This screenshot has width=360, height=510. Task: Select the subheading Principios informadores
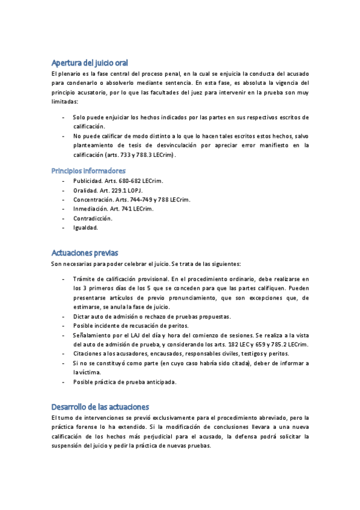(88, 171)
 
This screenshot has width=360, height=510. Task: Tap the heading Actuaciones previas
(85, 253)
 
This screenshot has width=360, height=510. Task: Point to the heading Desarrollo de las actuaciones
(100, 407)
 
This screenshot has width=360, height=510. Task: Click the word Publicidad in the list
(87, 180)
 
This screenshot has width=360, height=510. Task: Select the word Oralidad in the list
(85, 190)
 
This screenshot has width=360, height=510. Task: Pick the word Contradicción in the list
(93, 218)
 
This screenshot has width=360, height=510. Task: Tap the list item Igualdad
(85, 228)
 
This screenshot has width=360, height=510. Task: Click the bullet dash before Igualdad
(64, 228)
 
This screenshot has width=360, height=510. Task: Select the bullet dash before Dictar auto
(64, 316)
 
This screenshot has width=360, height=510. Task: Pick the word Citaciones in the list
(88, 354)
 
